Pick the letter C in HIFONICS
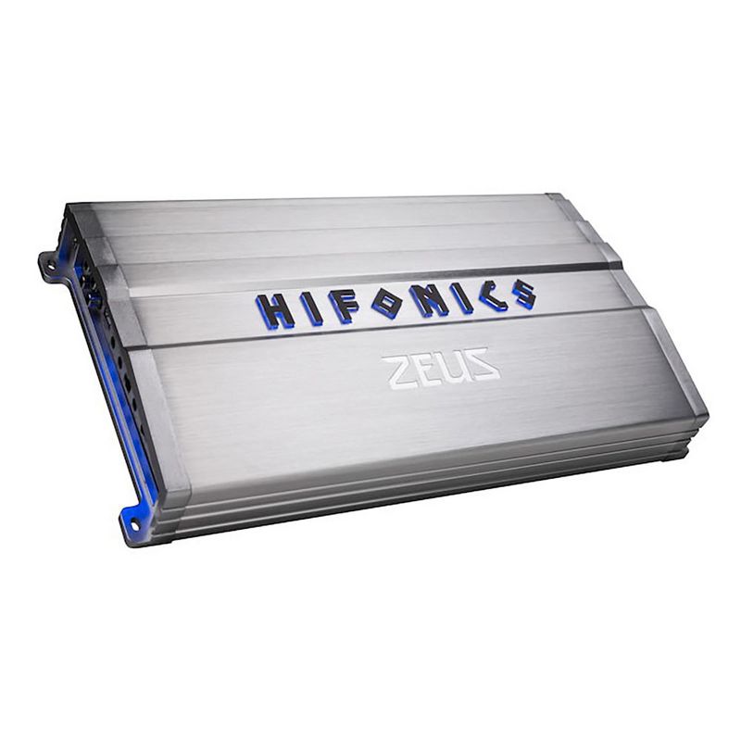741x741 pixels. click(x=490, y=295)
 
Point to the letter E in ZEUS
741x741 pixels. click(x=424, y=369)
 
